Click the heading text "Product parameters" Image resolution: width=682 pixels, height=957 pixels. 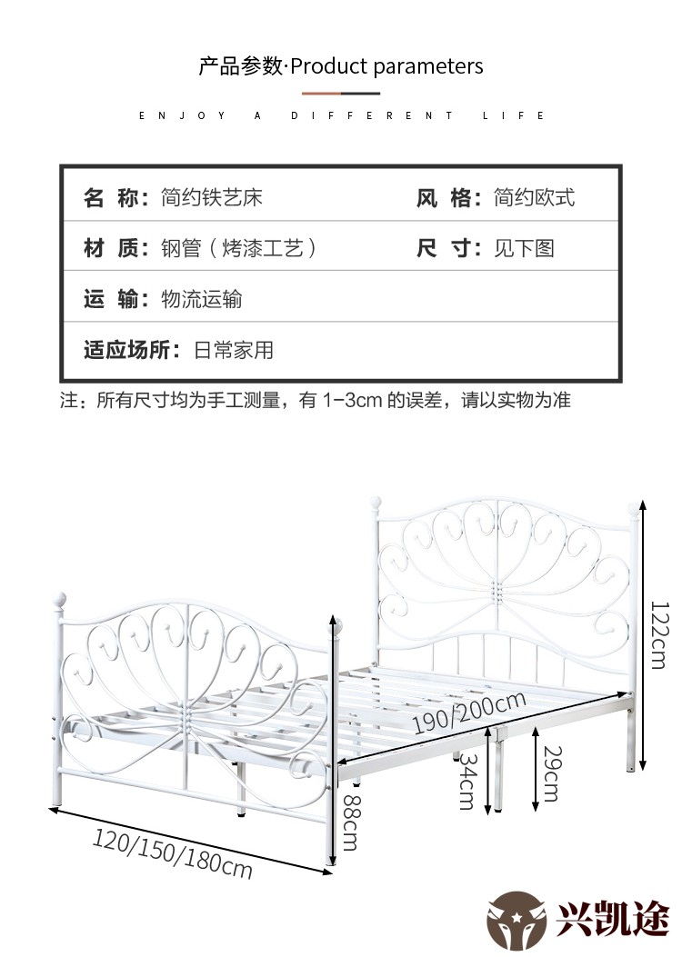386,66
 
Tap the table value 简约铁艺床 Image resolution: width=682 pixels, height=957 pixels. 212,197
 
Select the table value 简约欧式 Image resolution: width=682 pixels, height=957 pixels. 535,197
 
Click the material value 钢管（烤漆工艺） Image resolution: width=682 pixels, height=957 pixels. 239,248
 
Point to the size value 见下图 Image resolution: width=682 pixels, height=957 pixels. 524,248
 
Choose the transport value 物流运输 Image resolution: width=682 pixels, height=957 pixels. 202,299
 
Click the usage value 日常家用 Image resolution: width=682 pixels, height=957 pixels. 233,350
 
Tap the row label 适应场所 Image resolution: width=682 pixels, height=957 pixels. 127,350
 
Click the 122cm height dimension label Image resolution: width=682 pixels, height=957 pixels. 659,634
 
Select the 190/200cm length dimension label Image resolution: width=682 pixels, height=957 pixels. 469,713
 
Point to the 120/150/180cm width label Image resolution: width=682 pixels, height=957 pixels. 172,853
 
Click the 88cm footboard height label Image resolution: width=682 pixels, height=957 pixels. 351,822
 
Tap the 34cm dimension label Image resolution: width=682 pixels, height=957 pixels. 467,782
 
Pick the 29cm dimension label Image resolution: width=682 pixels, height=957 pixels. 552,773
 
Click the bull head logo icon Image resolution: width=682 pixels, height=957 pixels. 517,922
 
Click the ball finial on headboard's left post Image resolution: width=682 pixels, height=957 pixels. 376,504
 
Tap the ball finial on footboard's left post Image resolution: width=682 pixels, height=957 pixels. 59,599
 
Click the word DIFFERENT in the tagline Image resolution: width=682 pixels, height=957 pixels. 372,115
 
